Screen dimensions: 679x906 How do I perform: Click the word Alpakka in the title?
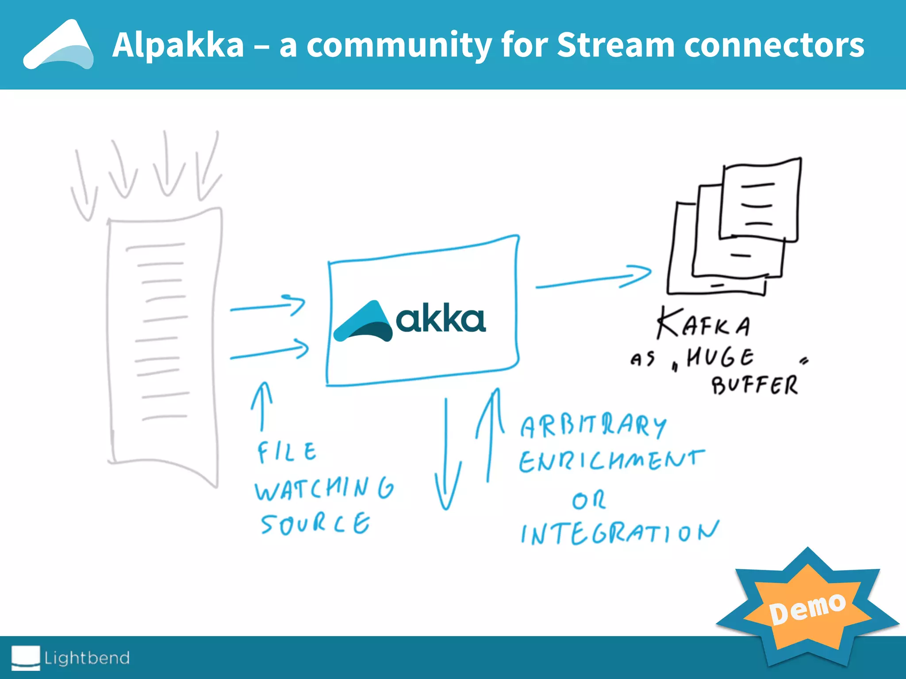point(178,45)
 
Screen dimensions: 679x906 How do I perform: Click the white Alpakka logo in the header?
point(58,45)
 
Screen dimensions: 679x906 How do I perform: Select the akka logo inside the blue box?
point(409,320)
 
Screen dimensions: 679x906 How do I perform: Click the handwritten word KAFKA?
point(703,324)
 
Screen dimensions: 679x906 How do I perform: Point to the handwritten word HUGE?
point(720,357)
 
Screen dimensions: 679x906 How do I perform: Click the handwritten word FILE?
point(287,452)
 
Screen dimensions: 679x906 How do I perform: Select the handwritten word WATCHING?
point(324,488)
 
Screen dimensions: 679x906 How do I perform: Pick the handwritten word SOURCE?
point(315,524)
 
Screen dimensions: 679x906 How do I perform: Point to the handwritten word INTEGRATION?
point(619,533)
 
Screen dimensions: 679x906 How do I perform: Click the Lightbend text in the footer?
point(87,658)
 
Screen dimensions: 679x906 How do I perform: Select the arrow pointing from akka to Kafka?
point(593,278)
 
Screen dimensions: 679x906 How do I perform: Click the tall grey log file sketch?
point(164,345)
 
